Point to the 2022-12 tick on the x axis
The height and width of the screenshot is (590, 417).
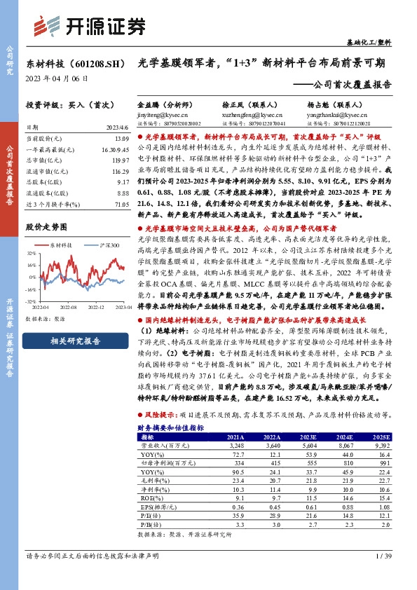pos(97,306)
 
